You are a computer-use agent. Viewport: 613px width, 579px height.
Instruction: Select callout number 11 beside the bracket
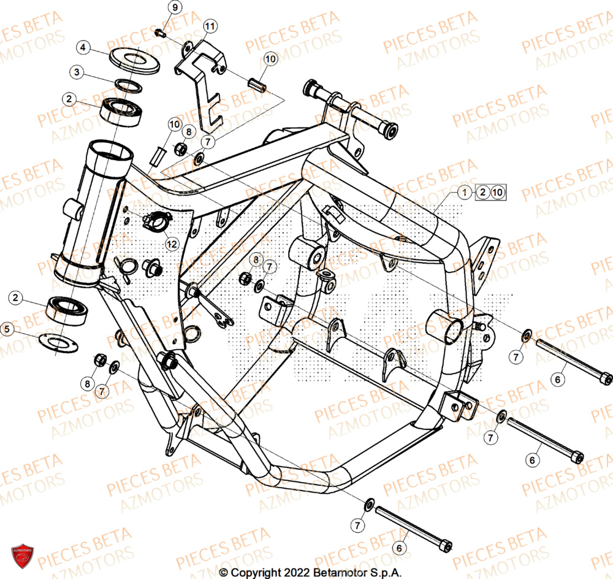(210, 26)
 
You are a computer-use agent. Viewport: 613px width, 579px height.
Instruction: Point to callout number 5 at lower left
(7, 330)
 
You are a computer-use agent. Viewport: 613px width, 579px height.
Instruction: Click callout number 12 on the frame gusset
(172, 244)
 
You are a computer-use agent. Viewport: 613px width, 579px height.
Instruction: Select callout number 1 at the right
(465, 193)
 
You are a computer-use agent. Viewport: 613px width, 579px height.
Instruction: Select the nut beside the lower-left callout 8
(100, 359)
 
